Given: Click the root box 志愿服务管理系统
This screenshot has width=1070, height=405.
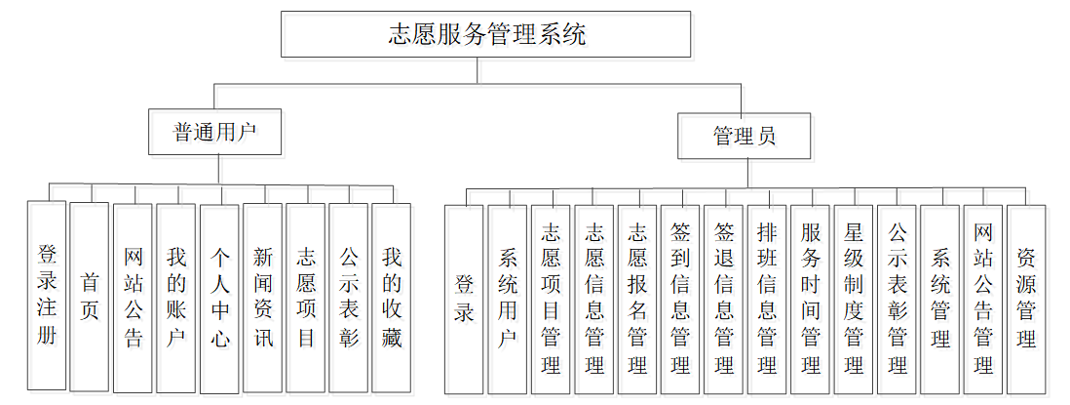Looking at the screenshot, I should tap(486, 35).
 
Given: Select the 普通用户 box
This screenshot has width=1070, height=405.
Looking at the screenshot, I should tap(214, 132).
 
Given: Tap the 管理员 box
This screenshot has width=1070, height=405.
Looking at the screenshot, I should tap(744, 136).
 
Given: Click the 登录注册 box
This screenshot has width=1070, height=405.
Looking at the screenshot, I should tap(47, 297).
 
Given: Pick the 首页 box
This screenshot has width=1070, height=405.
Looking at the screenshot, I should tap(90, 297).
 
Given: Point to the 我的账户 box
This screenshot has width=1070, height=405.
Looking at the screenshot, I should tap(176, 297).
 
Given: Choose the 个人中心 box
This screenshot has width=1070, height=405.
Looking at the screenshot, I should tap(219, 297).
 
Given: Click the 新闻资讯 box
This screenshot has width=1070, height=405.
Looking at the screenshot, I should tap(262, 297).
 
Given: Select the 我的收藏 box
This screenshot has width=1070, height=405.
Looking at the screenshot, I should tap(391, 297).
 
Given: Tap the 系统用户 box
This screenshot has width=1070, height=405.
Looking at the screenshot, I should tap(508, 299).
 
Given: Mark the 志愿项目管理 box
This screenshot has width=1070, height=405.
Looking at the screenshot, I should tap(551, 299).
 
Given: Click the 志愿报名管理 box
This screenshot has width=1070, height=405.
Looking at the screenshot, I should tap(637, 299).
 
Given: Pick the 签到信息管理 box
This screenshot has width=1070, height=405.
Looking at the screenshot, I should tap(680, 299).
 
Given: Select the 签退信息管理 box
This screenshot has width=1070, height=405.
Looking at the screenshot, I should tap(723, 299).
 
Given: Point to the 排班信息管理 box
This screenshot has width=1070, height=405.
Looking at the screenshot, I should tap(767, 299).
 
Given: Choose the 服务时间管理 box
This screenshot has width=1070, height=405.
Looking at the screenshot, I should tap(810, 299).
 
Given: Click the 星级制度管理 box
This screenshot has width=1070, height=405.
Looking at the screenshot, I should tap(854, 299).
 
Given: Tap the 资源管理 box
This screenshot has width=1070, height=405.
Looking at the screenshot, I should tap(1026, 299).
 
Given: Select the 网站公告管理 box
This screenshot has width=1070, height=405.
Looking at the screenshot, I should tap(983, 299).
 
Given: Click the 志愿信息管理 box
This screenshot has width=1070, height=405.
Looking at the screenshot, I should tap(593, 299).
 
